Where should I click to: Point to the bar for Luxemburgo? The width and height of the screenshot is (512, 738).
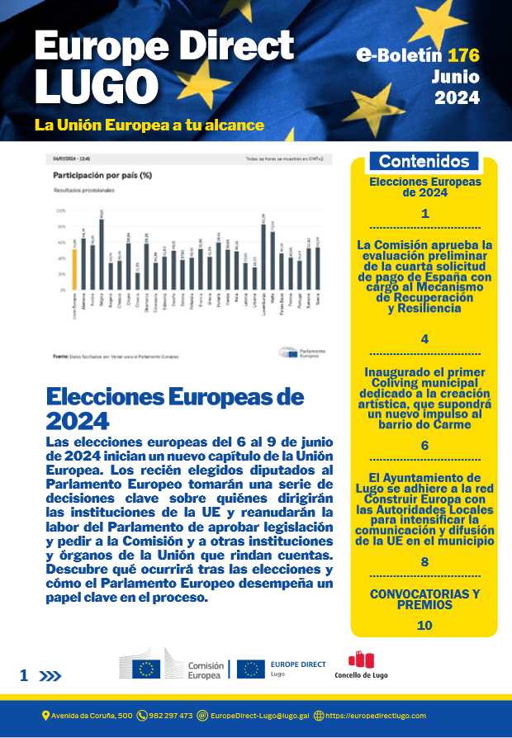click(x=263, y=258)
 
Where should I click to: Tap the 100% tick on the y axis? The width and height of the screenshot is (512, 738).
click(x=59, y=211)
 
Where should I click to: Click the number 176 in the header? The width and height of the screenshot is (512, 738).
click(x=463, y=56)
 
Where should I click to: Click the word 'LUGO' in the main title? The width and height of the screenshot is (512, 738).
click(x=97, y=86)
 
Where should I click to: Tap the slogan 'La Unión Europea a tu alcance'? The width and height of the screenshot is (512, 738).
click(x=149, y=125)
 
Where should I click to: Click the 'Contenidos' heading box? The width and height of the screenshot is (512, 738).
click(x=424, y=161)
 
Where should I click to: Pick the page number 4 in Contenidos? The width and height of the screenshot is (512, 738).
click(x=424, y=338)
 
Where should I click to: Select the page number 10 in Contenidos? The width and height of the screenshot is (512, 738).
click(x=424, y=626)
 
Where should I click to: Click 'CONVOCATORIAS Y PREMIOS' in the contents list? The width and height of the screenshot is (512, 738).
click(x=424, y=599)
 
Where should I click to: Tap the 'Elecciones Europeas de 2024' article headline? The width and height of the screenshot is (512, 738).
click(x=175, y=408)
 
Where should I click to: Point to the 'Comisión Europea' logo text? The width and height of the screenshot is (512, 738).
click(x=205, y=670)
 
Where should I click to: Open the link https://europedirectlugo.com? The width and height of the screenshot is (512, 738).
click(x=376, y=715)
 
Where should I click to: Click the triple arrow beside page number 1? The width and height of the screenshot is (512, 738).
click(x=51, y=676)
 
